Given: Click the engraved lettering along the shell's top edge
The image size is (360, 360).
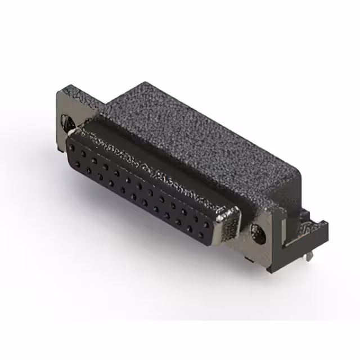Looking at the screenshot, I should point(152,163).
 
